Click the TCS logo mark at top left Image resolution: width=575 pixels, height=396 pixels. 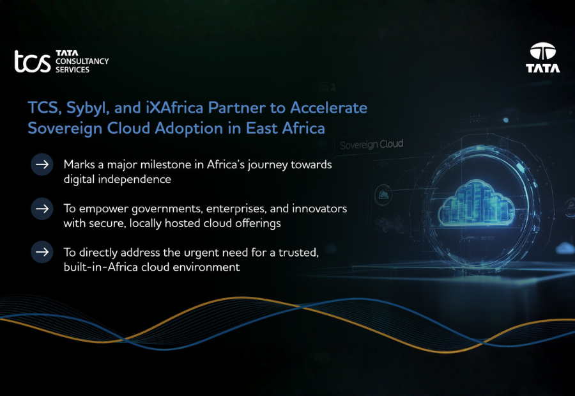[33, 61]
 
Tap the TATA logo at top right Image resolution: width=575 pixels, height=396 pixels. [542, 57]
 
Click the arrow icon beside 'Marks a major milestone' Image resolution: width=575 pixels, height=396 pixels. [42, 165]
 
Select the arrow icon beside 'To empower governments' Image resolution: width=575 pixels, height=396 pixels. [42, 209]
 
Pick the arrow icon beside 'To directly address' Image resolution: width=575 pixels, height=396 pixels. [42, 253]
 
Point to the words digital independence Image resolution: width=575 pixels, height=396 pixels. [117, 180]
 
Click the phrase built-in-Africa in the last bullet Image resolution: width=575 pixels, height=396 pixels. [100, 267]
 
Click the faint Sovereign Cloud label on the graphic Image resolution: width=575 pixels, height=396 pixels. [371, 145]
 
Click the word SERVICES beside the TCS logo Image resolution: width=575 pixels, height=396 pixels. [73, 69]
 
